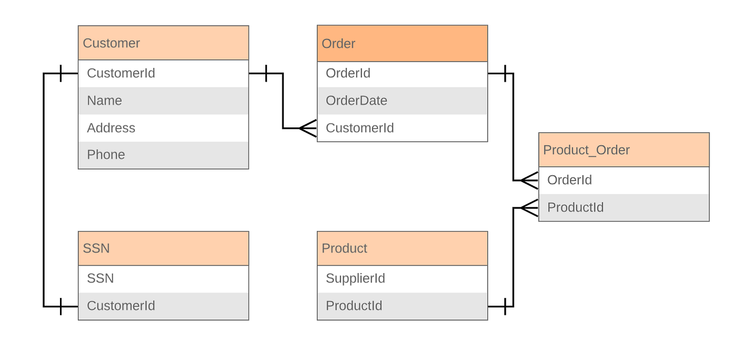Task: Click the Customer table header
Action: (x=163, y=43)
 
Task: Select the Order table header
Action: (x=402, y=44)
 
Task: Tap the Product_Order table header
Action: (x=624, y=150)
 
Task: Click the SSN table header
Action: (x=163, y=248)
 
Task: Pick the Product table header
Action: (x=402, y=248)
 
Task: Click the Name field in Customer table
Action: (x=163, y=101)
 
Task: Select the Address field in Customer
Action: (x=163, y=128)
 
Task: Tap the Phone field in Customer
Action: (x=163, y=155)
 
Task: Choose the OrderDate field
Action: (x=402, y=101)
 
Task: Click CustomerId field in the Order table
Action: (x=402, y=128)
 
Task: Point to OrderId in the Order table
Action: (x=402, y=73)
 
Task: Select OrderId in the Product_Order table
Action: (x=624, y=181)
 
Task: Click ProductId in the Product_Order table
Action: (x=624, y=208)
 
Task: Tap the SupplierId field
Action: (x=402, y=279)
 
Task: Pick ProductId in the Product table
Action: (x=402, y=306)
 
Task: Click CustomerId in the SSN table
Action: (x=163, y=306)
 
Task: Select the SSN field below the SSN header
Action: (x=163, y=279)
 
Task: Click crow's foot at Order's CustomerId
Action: (x=308, y=128)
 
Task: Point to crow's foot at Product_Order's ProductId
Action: (x=529, y=208)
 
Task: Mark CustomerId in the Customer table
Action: (x=163, y=73)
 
